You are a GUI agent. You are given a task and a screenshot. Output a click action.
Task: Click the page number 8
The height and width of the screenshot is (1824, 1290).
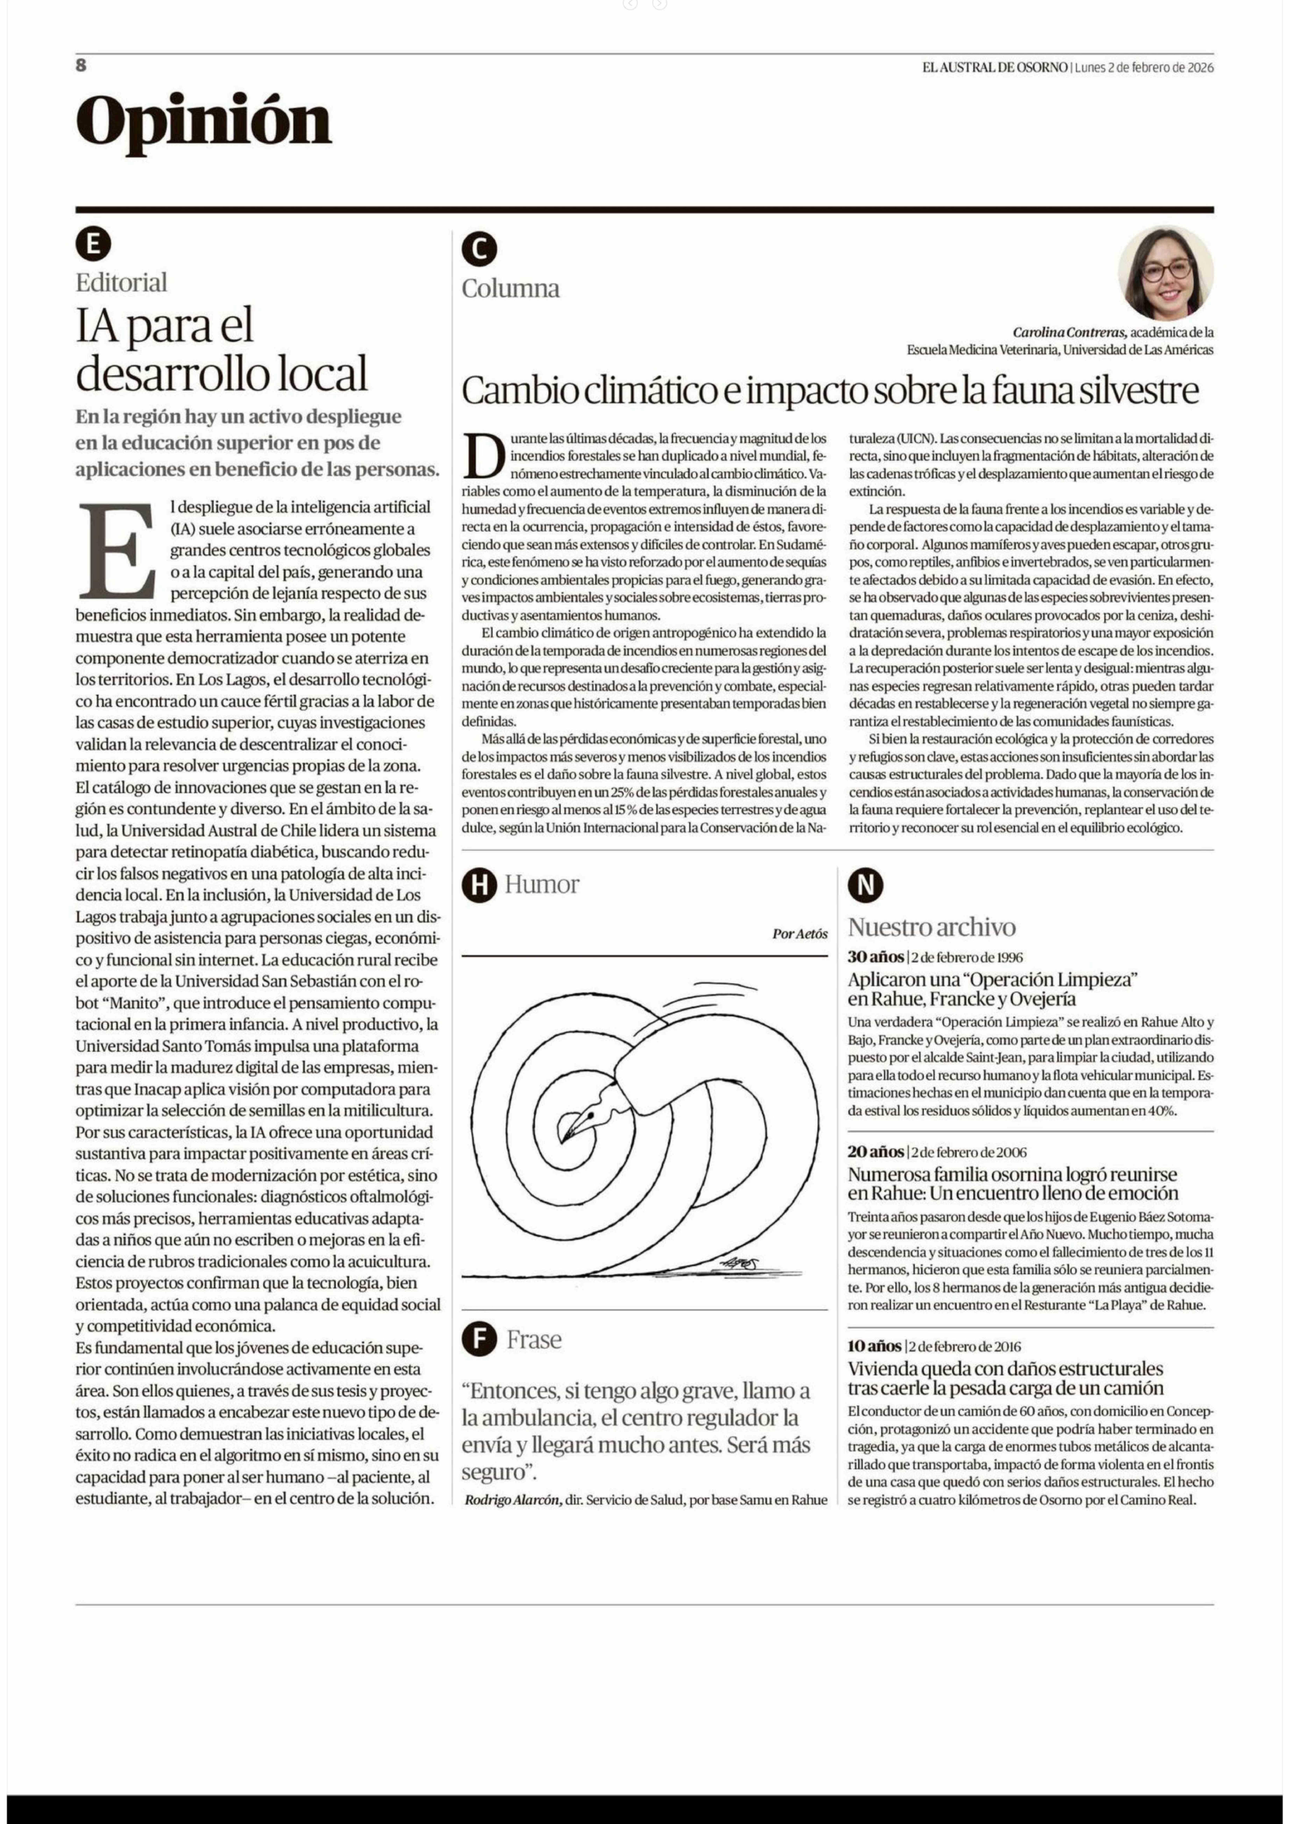[x=81, y=65]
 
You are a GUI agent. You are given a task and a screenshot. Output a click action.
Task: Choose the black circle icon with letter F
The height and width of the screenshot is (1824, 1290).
[x=479, y=1339]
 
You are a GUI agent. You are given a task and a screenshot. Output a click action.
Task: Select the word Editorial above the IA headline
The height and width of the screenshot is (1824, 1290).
[x=122, y=282]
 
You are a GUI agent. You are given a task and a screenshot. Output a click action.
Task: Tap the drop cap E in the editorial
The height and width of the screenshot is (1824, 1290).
[x=118, y=551]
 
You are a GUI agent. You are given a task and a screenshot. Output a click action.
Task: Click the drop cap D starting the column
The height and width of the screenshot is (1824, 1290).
[x=484, y=457]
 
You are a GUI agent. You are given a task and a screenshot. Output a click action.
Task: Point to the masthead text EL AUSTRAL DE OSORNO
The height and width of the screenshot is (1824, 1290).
[x=994, y=68]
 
